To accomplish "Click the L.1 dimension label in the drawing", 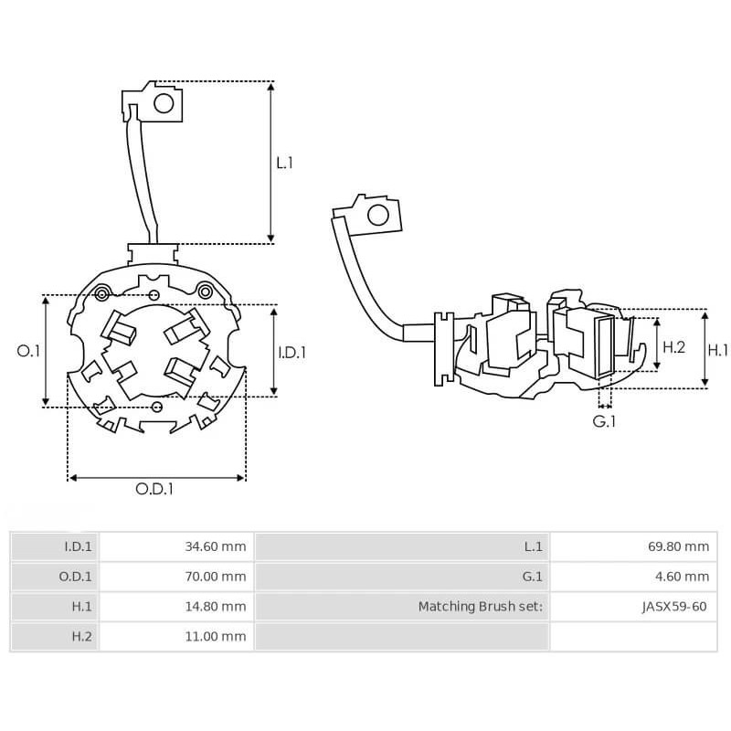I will coord(285,163).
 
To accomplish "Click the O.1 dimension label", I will coord(29,351).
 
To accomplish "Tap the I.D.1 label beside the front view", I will coord(292,351).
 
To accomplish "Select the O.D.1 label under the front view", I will coord(154,489).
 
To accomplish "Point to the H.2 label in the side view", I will coord(673,347).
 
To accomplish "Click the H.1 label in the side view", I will coord(719,348).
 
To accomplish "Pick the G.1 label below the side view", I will coord(604,421).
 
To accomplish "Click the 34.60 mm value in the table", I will coord(216,547).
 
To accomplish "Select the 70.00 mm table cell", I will coord(216,577).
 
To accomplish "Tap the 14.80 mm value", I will coord(216,606).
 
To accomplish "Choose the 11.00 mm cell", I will coord(216,636).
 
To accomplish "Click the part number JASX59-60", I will coord(675,606).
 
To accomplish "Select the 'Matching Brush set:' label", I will coord(481,606).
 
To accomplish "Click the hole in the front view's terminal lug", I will coord(164,103).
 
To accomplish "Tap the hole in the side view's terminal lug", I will coord(376,216).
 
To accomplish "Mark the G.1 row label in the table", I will coord(533,577).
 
